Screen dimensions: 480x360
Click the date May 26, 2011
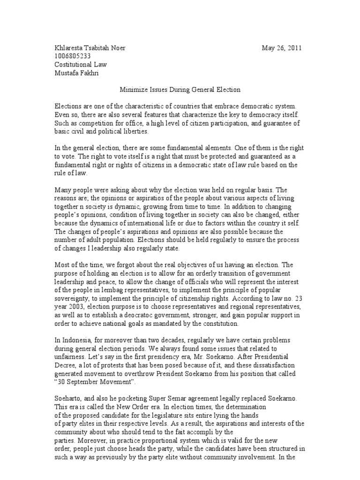(x=281, y=48)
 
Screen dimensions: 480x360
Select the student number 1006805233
(x=72, y=56)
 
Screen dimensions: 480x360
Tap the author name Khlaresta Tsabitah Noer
(x=90, y=48)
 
